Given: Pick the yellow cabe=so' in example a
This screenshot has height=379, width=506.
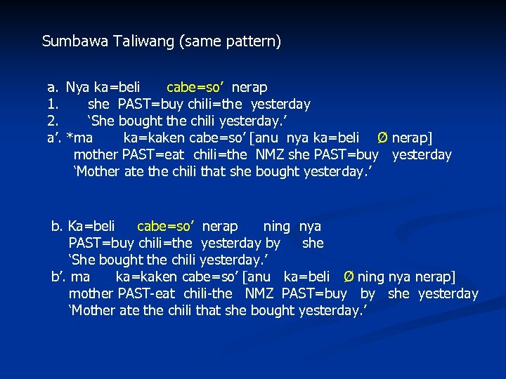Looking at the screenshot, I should [x=195, y=88].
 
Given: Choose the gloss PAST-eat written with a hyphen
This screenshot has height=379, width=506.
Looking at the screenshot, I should [x=147, y=294].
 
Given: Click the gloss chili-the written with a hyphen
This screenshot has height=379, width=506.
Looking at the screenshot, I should [x=208, y=294].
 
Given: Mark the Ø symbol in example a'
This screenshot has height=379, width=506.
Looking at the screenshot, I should [x=383, y=138].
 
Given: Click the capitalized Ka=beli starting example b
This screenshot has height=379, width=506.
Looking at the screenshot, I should [x=91, y=227].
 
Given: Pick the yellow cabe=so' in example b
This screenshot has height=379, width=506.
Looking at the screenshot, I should [x=166, y=227].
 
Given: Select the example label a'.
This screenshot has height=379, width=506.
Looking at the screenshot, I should [x=54, y=138].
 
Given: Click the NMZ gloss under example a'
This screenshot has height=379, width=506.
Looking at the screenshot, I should [x=271, y=155].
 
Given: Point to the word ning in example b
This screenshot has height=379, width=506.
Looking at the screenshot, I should [x=276, y=227].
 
